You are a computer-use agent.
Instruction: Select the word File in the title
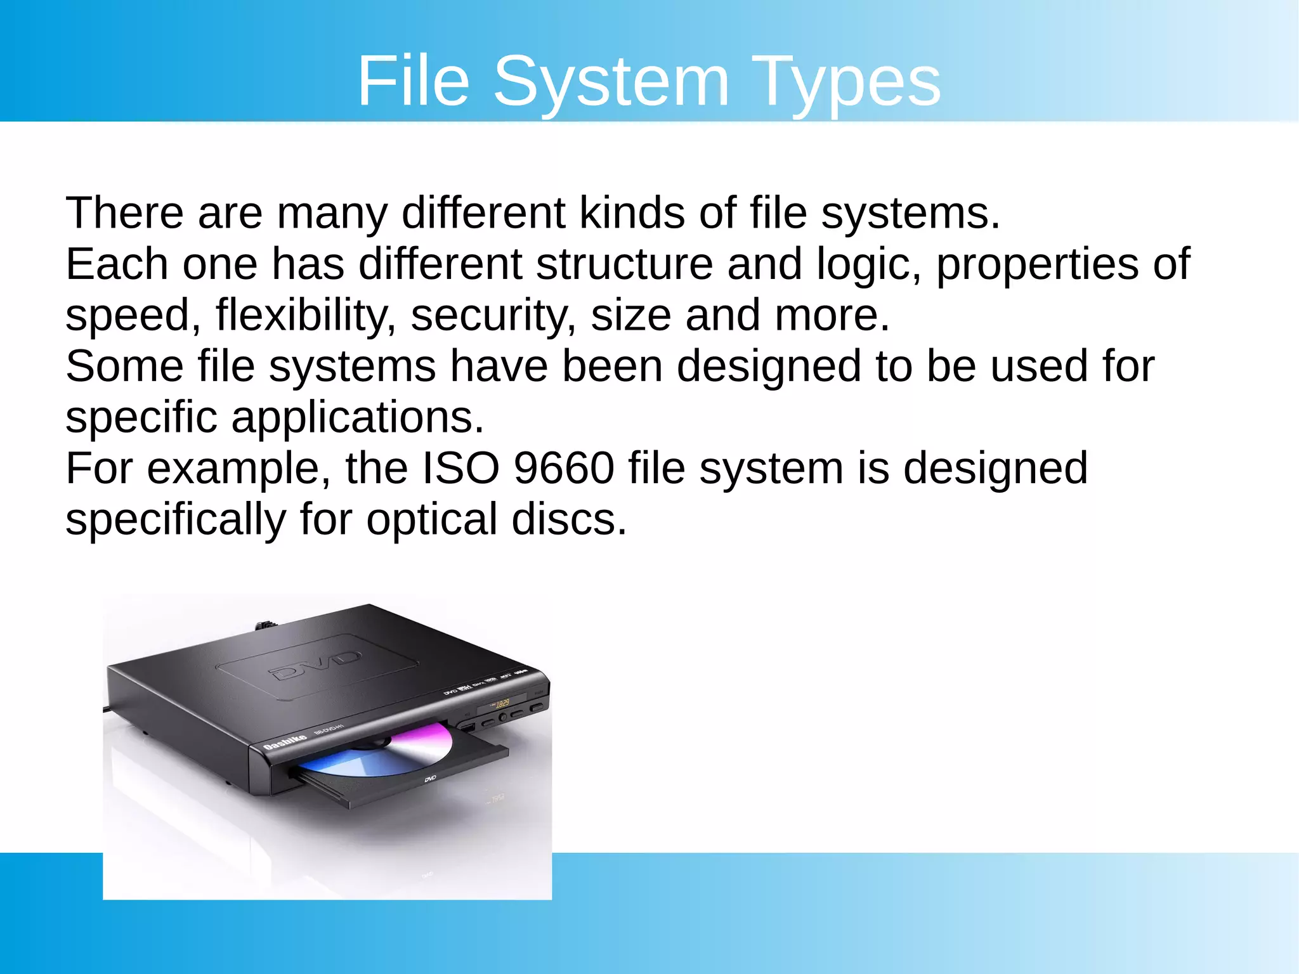point(414,81)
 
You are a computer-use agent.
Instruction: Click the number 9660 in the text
point(564,468)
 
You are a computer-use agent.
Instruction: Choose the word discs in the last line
point(569,519)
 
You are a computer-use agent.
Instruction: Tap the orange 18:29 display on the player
point(502,703)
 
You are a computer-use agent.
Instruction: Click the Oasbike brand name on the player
point(285,741)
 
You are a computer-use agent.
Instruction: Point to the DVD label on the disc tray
point(430,778)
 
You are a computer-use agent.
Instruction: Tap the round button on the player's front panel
point(502,717)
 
